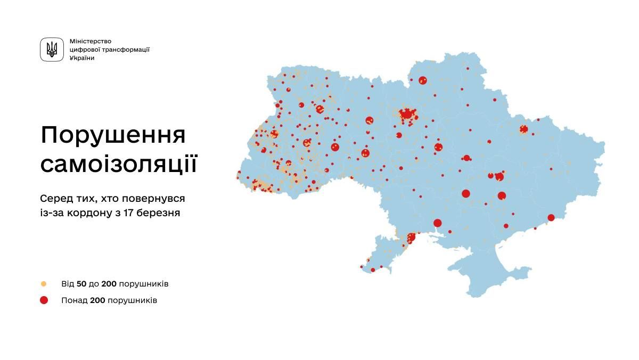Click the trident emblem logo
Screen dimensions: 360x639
click(x=52, y=50)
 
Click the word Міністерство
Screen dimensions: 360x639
click(x=90, y=41)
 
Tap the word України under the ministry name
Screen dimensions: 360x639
click(x=82, y=58)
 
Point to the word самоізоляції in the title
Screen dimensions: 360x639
click(x=118, y=165)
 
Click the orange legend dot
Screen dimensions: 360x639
click(x=44, y=284)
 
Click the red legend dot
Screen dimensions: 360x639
click(x=44, y=300)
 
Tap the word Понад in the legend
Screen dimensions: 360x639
click(x=74, y=300)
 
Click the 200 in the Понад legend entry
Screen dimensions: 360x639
click(x=97, y=300)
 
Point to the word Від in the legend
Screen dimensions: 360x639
click(x=68, y=284)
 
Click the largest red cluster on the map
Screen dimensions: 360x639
click(x=407, y=114)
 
